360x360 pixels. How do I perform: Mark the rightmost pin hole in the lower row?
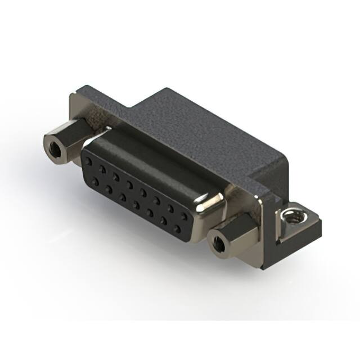[179, 228]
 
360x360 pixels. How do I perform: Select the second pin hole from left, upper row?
[102, 167]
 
